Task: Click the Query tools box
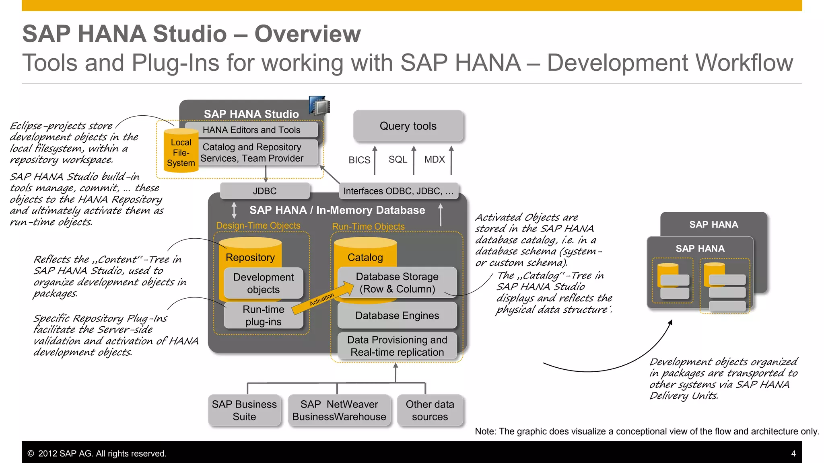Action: (408, 126)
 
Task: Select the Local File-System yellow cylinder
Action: (181, 152)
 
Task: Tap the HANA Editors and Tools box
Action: (251, 130)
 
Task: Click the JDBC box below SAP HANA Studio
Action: (265, 191)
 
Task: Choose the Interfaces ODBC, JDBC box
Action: (398, 191)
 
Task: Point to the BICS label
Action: (359, 160)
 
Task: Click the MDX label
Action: (435, 160)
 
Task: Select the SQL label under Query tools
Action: (398, 160)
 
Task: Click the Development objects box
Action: (264, 283)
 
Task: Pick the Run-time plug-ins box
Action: (264, 315)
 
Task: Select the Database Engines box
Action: (397, 315)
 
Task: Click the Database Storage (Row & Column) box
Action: (397, 283)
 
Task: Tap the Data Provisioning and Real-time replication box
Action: (397, 346)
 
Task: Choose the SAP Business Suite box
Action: (244, 410)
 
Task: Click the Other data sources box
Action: (430, 410)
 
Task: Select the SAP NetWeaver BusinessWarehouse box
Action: (339, 410)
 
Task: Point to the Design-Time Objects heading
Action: (258, 225)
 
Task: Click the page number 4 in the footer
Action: (793, 453)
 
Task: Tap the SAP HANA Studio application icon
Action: (319, 105)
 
